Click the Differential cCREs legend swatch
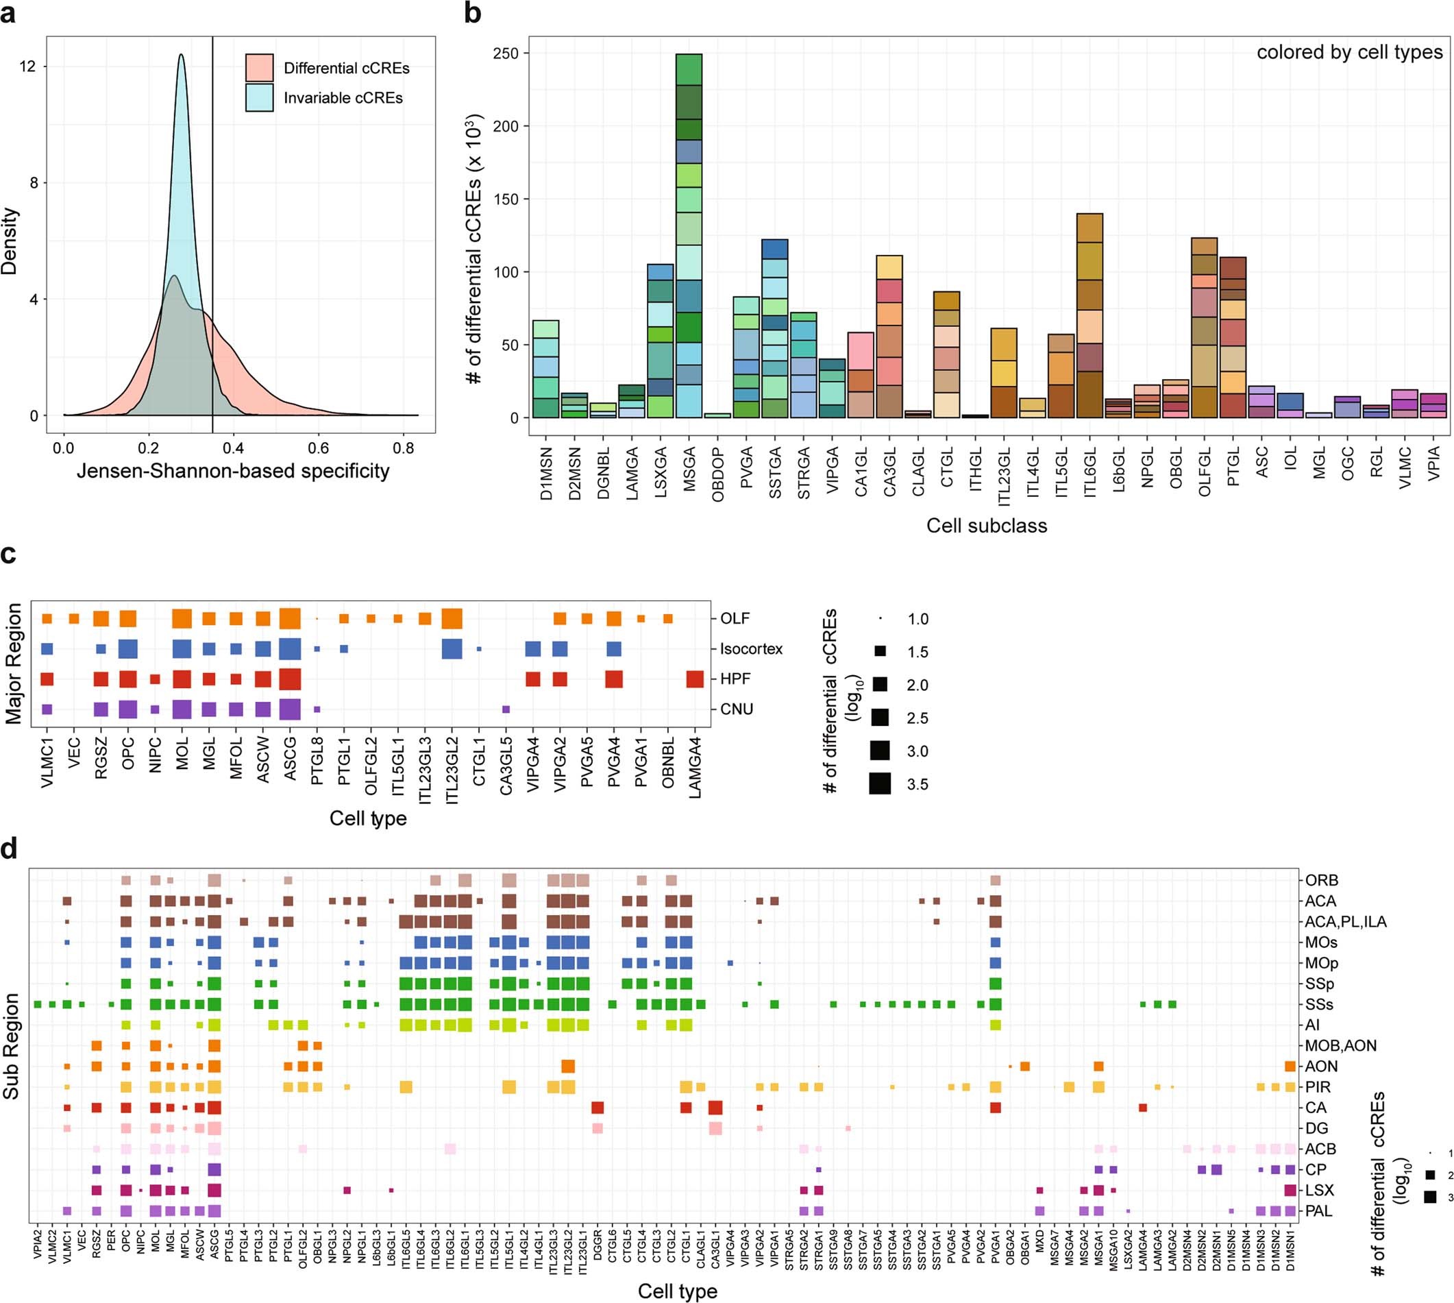point(259,67)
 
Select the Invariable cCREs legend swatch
point(259,97)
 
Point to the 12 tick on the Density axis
point(28,66)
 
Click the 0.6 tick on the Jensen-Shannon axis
point(319,448)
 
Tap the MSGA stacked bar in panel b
point(689,236)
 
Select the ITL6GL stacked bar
point(1089,315)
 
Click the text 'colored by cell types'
point(1350,52)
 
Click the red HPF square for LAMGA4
point(695,679)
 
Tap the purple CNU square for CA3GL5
point(506,709)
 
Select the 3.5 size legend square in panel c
point(880,784)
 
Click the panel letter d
point(10,849)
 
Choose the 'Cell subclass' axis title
point(986,526)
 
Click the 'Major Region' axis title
point(14,663)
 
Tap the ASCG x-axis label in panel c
point(291,763)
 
